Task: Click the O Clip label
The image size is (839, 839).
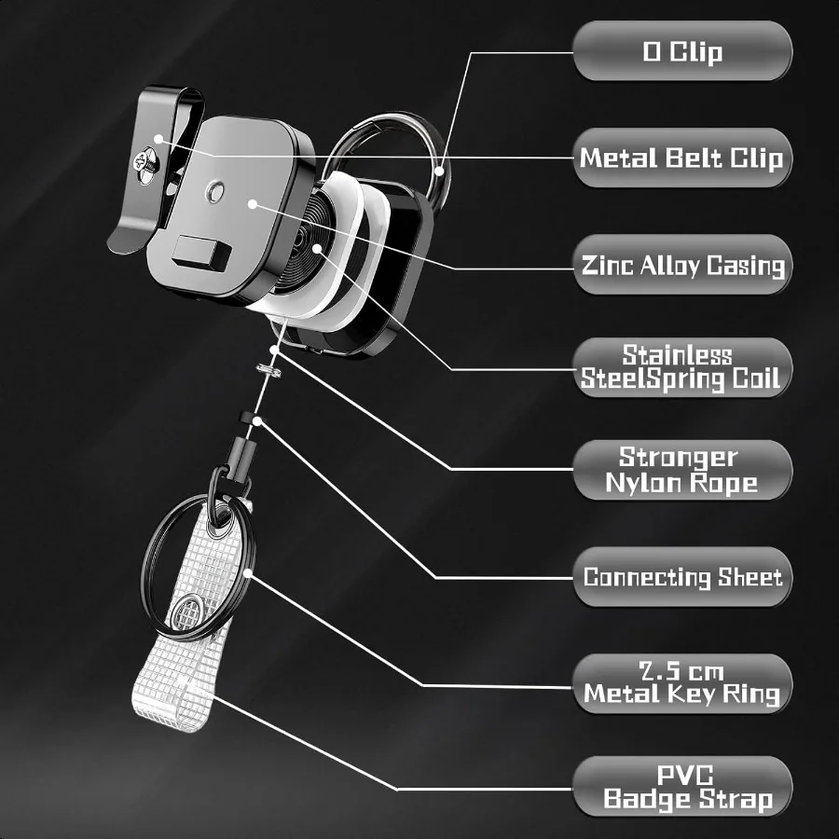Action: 681,50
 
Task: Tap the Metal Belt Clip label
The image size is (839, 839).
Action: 681,158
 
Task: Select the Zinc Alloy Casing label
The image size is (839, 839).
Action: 681,266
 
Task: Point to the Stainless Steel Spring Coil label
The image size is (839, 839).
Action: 681,367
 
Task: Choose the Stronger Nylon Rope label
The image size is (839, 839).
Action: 681,470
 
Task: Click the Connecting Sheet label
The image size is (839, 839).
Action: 681,577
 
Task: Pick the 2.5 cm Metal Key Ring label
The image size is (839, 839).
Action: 681,683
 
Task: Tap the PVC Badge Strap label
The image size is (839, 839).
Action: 681,787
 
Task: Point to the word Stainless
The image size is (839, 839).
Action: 678,354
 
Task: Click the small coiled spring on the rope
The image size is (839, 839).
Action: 269,370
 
